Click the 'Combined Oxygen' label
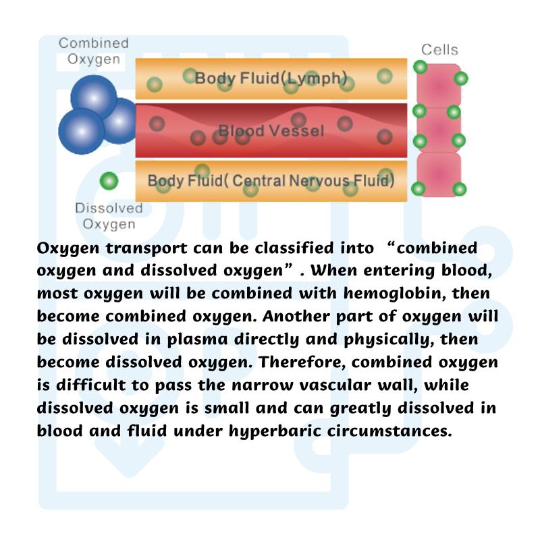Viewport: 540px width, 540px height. coord(94,51)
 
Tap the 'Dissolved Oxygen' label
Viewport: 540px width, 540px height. coord(109,216)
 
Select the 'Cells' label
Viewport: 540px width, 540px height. coord(440,50)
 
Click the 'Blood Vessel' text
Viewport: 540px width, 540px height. coord(271,131)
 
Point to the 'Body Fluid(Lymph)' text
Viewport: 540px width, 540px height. coord(271,78)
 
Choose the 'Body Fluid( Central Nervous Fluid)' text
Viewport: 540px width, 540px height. coord(271,181)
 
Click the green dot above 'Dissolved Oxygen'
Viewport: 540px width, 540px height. coord(109,181)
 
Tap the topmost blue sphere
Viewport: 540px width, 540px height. coord(94,98)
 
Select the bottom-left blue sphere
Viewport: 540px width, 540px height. coord(82,131)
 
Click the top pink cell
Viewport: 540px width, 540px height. coord(439,86)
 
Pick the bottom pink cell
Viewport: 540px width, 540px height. coord(439,175)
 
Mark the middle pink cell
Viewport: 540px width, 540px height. coord(439,130)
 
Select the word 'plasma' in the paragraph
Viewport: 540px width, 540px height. coord(197,340)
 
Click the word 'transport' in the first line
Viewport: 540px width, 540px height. coord(146,248)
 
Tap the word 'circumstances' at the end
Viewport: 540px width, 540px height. coord(389,431)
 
